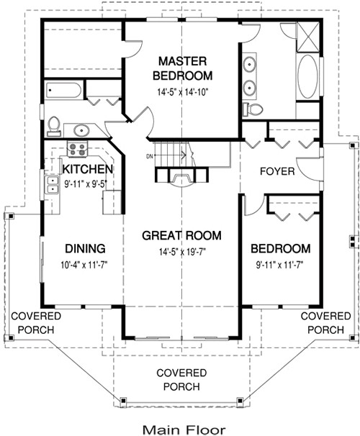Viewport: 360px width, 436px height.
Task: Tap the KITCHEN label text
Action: click(86, 169)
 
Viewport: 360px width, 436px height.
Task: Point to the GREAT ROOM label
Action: click(181, 235)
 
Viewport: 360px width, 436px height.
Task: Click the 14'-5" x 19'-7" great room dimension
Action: click(181, 251)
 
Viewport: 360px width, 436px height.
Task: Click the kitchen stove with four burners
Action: click(77, 150)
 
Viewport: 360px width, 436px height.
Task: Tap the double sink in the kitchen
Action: click(52, 185)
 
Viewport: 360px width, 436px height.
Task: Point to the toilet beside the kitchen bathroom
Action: click(53, 126)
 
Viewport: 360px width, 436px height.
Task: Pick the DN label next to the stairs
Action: click(150, 156)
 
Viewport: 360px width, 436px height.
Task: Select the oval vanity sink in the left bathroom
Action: click(79, 131)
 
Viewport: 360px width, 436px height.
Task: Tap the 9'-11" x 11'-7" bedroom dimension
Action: click(281, 264)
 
